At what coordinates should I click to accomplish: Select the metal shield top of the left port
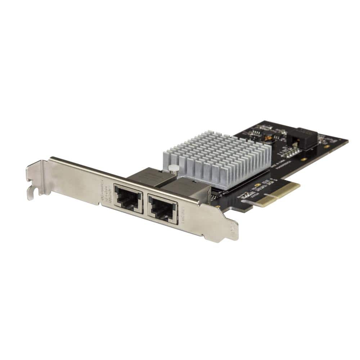(144, 177)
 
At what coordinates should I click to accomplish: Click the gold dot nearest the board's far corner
(326, 147)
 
